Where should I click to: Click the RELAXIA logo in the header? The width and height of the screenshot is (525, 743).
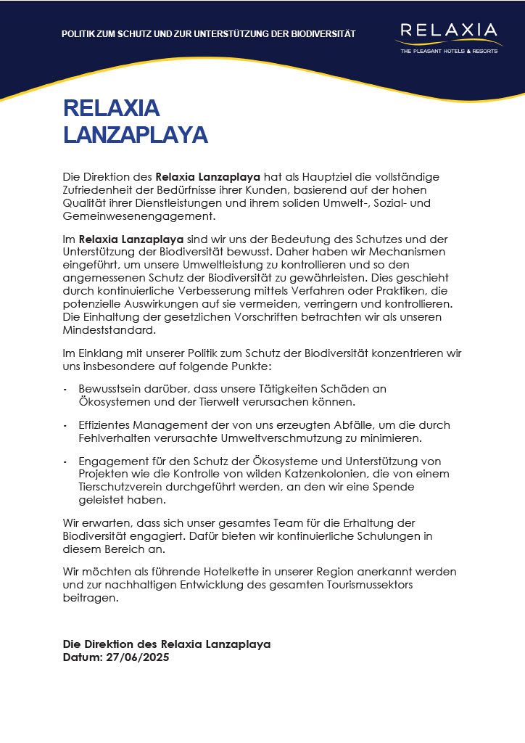(x=448, y=30)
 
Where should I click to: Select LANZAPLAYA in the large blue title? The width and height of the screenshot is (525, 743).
(x=136, y=135)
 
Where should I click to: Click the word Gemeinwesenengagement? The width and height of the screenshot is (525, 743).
(x=139, y=216)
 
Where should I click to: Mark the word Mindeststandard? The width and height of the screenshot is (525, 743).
(x=109, y=330)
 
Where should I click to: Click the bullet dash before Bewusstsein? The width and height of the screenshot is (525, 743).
(x=65, y=389)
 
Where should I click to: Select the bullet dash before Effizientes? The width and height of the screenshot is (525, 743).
(x=65, y=425)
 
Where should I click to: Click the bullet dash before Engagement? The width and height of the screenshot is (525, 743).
(x=65, y=461)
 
